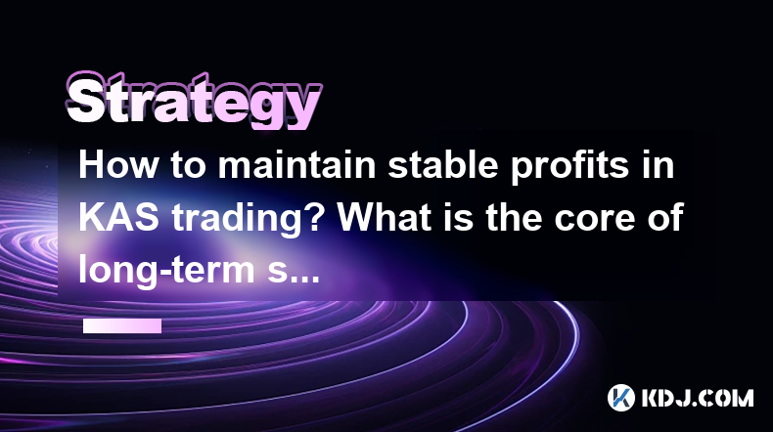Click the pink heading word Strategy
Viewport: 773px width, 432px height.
tap(194, 101)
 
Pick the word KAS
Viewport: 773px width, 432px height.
tap(118, 218)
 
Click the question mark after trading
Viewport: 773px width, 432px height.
tap(313, 218)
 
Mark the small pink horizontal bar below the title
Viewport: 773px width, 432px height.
tap(122, 326)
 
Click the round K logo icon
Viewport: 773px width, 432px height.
tap(620, 398)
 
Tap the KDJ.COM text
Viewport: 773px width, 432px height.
tap(698, 398)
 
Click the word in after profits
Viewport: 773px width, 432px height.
tap(659, 165)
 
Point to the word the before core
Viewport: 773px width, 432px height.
tap(514, 218)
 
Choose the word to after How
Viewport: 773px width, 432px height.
tap(188, 167)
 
